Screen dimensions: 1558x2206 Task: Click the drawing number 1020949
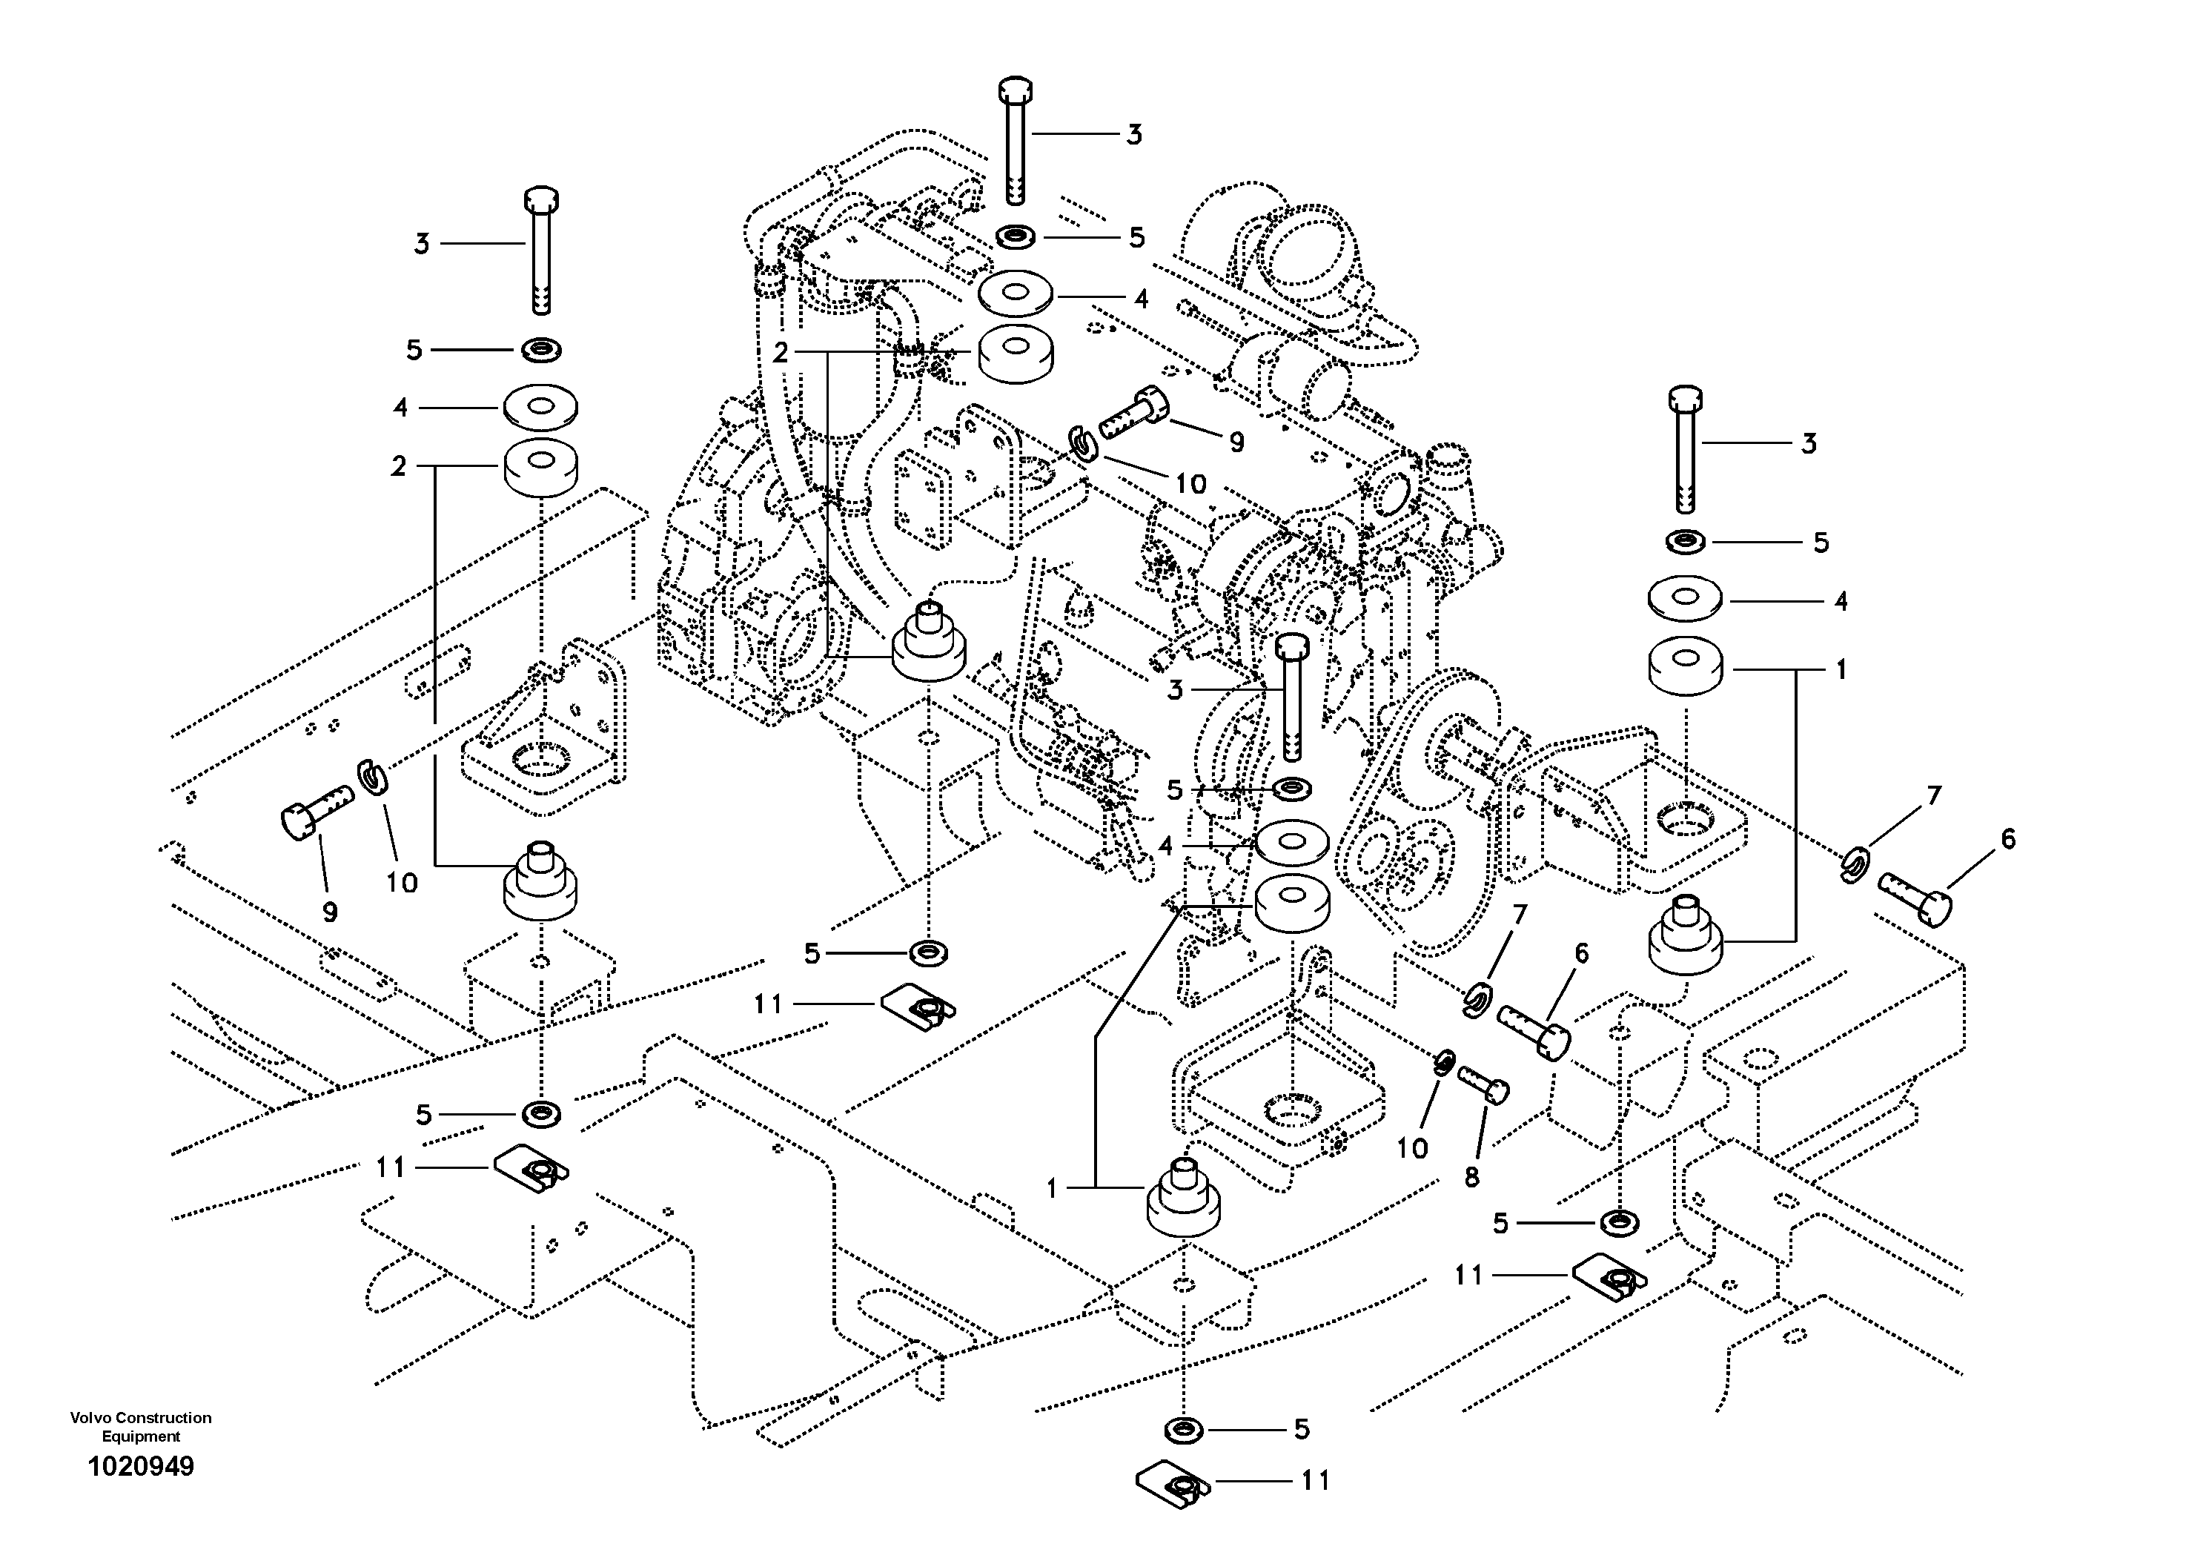tap(140, 1467)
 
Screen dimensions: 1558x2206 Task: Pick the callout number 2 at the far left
tap(399, 467)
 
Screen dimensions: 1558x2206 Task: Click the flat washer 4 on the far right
tap(1685, 597)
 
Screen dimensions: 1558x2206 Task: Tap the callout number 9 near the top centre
tap(1236, 442)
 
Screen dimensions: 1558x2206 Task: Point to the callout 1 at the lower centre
tap(1052, 1188)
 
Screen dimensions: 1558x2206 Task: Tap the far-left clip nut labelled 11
tap(531, 1168)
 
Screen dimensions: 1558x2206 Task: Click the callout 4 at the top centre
tap(1141, 299)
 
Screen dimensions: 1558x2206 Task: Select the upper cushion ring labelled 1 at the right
tap(1685, 665)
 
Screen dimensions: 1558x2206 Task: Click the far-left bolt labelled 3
tap(542, 250)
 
